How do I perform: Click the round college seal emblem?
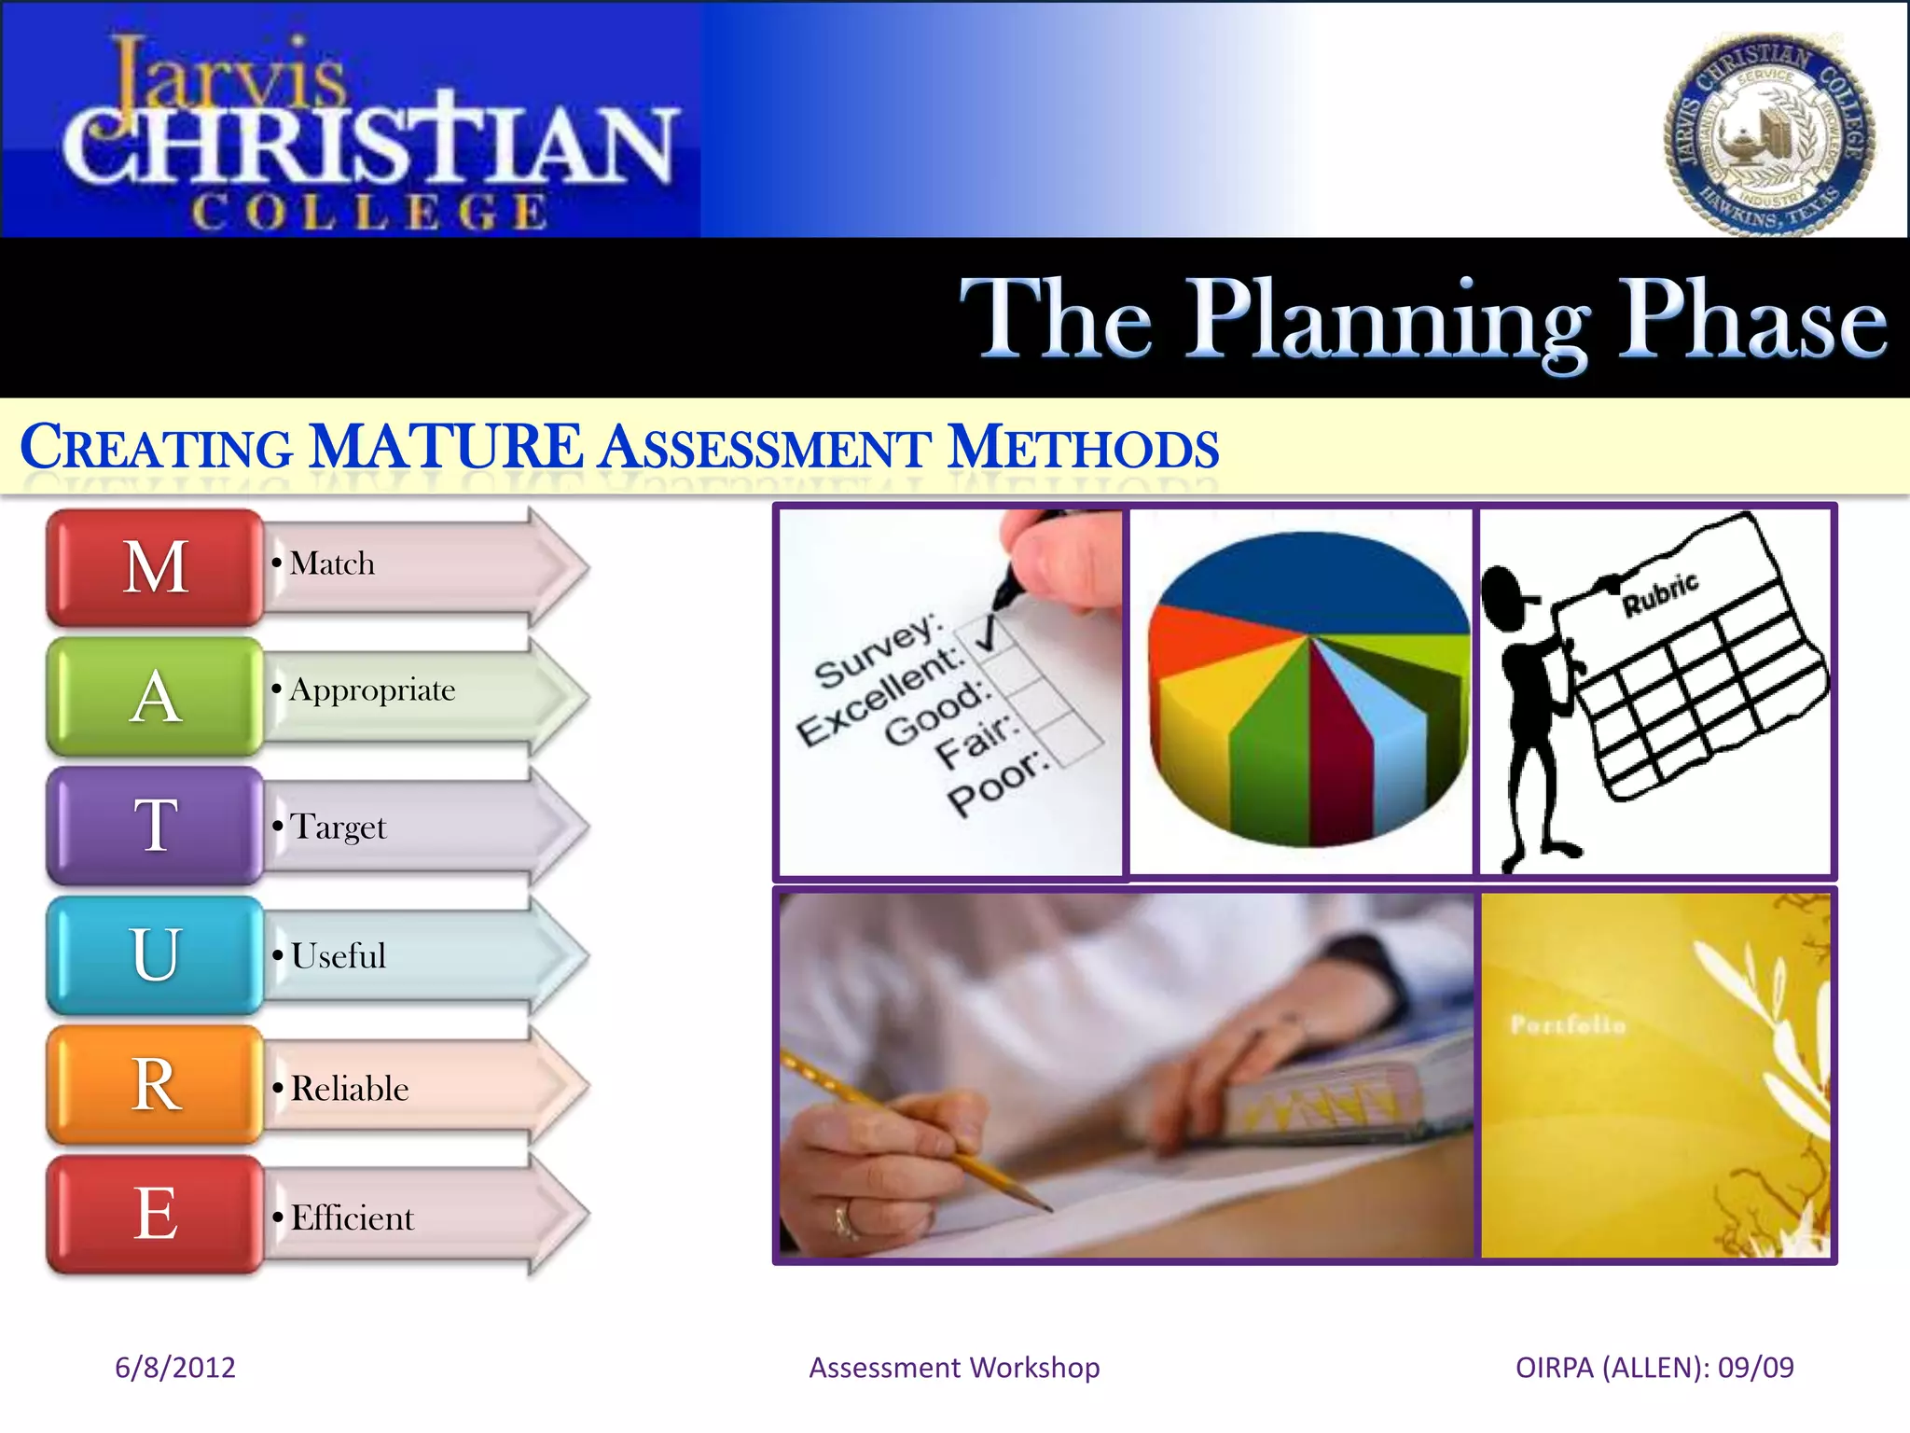pos(1769,134)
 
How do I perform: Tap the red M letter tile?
pos(155,566)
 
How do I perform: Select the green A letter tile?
pos(155,696)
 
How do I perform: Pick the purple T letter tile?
pos(155,826)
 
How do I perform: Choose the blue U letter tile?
pos(155,954)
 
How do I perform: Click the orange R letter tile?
pos(155,1084)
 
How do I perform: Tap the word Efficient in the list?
pos(352,1217)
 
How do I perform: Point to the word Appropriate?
pos(372,689)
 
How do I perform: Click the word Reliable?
pos(350,1089)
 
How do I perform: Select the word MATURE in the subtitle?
pos(446,447)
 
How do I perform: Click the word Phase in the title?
pos(1751,319)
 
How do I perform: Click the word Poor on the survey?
pos(996,784)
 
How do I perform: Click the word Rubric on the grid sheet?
pos(1660,594)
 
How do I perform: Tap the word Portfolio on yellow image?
pos(1568,1025)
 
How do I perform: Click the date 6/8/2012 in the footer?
pos(174,1368)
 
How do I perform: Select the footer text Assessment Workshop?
pos(954,1368)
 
